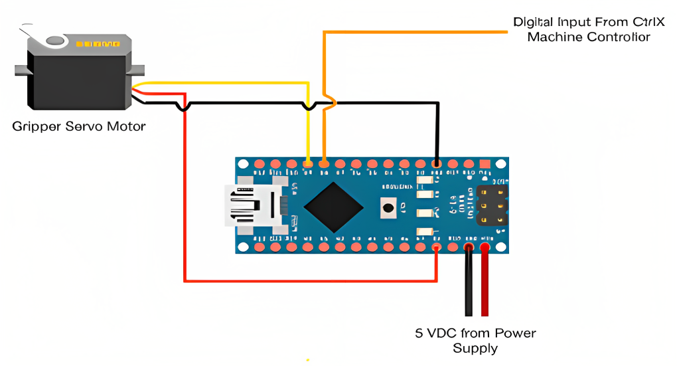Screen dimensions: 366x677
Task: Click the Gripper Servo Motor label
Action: coord(79,126)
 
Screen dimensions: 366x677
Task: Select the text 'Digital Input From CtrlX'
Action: coord(579,22)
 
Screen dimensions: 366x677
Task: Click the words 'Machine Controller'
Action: coord(588,37)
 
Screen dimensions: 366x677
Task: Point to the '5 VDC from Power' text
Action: coord(475,333)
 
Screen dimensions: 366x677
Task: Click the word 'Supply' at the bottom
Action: coord(475,349)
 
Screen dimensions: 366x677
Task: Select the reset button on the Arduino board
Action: coord(388,209)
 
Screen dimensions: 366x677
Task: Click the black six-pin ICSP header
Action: coord(491,205)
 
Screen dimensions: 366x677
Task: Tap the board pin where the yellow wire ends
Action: coord(307,163)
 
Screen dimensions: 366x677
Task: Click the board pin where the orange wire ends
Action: coord(324,163)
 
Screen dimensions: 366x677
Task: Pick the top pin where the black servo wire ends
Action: coord(437,163)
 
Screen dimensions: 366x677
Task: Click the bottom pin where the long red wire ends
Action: coord(436,248)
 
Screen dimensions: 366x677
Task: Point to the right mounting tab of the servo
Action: coord(138,70)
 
